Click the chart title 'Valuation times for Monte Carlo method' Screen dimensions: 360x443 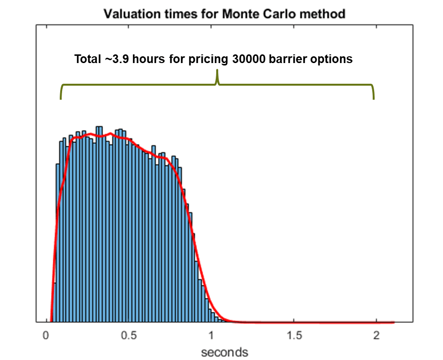point(225,14)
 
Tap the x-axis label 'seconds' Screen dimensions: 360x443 point(224,352)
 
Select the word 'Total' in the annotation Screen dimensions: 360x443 point(88,59)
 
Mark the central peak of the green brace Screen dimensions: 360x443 point(218,72)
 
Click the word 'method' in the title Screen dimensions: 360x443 point(325,14)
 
